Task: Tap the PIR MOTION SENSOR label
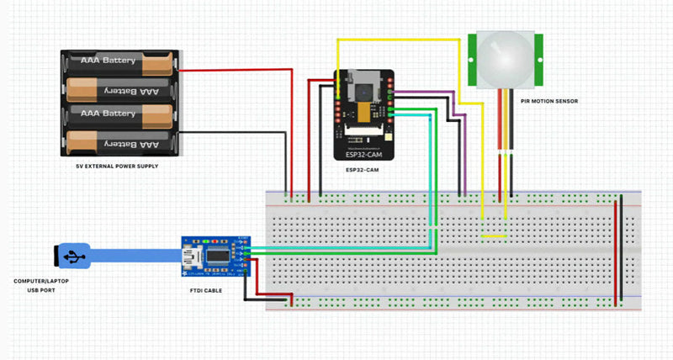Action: [548, 102]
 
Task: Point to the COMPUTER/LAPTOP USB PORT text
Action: [41, 286]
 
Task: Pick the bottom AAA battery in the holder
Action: [118, 144]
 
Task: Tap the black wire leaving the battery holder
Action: [236, 133]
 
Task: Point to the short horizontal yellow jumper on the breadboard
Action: [493, 236]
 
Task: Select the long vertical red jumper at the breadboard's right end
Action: [617, 252]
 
